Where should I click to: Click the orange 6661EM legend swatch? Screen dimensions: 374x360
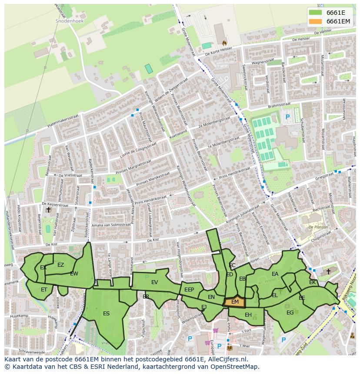(316, 21)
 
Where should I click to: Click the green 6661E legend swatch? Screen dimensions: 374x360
(316, 12)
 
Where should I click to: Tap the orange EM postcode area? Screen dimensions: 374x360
(235, 302)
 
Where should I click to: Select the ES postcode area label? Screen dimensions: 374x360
(106, 313)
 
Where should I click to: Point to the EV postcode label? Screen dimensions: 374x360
(154, 282)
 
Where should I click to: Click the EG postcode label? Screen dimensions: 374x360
(290, 312)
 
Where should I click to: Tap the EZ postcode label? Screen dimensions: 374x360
(60, 265)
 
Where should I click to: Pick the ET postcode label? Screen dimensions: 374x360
(44, 289)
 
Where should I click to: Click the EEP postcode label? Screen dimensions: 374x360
(189, 290)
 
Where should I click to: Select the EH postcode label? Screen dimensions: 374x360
(248, 315)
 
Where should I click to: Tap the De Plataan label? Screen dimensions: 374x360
(317, 227)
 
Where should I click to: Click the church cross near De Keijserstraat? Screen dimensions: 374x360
(49, 210)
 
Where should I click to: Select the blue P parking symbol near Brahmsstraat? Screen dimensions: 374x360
(287, 117)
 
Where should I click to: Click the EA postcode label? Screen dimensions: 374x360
(275, 274)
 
